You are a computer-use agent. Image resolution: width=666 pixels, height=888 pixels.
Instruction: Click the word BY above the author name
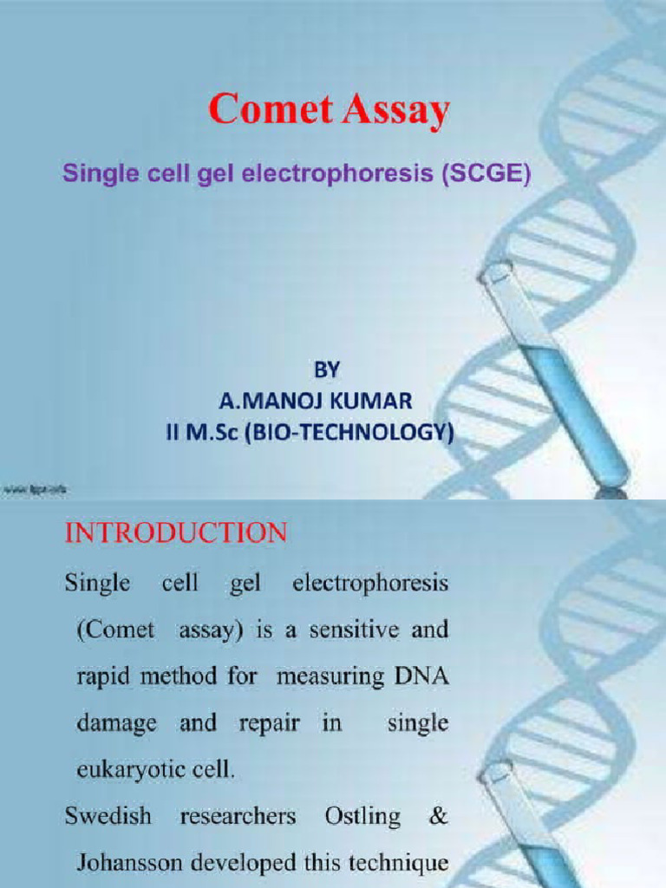coord(326,370)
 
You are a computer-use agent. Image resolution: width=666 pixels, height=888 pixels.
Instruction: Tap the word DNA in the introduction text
coord(422,676)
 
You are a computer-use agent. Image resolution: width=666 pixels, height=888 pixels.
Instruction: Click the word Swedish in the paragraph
coord(108,816)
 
